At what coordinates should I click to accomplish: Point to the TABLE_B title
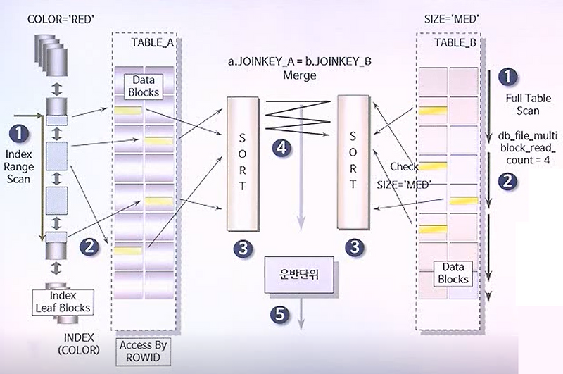455,42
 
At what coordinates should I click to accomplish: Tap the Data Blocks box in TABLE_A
142,86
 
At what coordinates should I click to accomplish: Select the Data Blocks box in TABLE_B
453,273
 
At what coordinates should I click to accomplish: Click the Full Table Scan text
522,104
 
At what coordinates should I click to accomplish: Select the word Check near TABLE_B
404,166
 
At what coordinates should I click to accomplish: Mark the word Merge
301,74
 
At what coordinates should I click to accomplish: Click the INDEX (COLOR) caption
80,343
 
